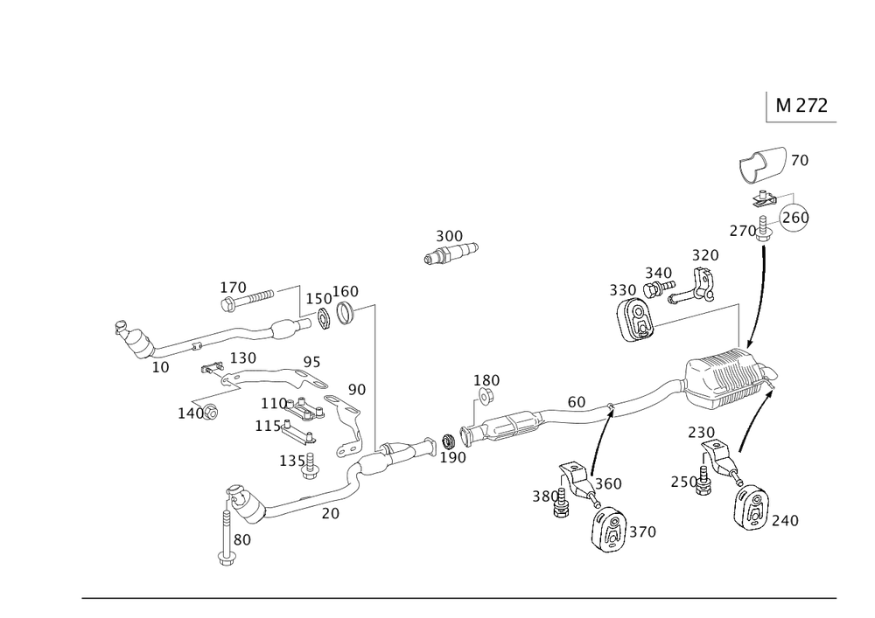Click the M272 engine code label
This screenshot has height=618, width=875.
[x=801, y=106]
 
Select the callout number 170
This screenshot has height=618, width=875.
[x=234, y=286]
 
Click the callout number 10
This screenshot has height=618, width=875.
[x=160, y=368]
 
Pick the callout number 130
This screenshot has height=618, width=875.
[x=242, y=358]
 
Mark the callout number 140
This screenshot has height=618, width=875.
[x=190, y=412]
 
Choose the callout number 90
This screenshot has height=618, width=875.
[x=356, y=388]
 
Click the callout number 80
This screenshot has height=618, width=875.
[x=242, y=540]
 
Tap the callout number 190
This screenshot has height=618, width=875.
[x=452, y=456]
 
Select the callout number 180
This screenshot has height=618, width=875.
[x=486, y=380]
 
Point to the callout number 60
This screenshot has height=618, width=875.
[x=576, y=402]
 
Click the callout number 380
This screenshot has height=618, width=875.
[x=544, y=497]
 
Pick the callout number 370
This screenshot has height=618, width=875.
[x=641, y=531]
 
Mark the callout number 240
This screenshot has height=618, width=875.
[x=785, y=520]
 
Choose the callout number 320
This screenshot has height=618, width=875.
[x=704, y=255]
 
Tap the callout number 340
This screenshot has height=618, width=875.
[x=658, y=272]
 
